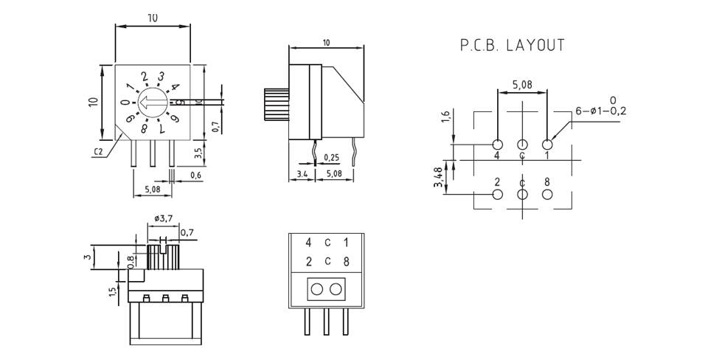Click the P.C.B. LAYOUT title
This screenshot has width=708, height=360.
click(513, 45)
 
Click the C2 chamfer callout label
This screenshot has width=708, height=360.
click(98, 152)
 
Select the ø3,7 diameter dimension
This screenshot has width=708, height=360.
click(163, 218)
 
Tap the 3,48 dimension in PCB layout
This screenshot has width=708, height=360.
click(437, 178)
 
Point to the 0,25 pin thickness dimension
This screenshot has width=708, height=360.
click(331, 158)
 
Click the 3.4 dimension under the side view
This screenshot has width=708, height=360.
click(302, 173)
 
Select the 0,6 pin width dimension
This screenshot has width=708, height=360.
click(196, 176)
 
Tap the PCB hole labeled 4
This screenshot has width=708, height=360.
click(497, 145)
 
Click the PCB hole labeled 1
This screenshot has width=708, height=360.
click(547, 145)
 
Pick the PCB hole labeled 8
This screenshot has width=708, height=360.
click(547, 195)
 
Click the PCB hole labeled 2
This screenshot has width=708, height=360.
click(497, 195)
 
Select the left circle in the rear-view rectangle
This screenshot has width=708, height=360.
click(317, 289)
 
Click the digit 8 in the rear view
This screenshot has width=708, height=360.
click(347, 262)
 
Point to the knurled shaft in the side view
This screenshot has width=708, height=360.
click(275, 105)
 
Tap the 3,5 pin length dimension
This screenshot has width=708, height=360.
click(198, 152)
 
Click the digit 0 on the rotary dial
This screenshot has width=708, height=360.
click(125, 103)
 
